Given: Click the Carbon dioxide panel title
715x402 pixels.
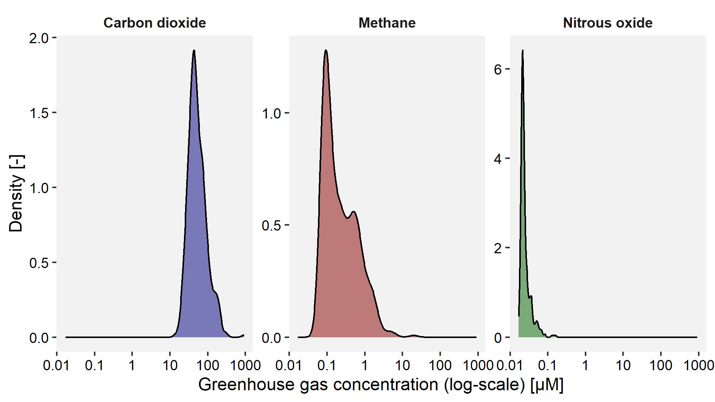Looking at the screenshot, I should pyautogui.click(x=154, y=23).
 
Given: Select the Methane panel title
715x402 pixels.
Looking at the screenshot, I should pyautogui.click(x=387, y=23).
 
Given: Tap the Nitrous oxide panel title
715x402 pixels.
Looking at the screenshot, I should pyautogui.click(x=608, y=23).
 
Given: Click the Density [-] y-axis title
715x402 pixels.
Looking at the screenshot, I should pyautogui.click(x=16, y=193).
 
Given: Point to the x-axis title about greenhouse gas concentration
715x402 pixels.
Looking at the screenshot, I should pyautogui.click(x=380, y=385).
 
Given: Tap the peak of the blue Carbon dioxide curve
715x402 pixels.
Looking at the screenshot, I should pyautogui.click(x=194, y=50).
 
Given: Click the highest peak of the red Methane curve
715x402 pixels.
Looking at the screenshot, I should pyautogui.click(x=326, y=50).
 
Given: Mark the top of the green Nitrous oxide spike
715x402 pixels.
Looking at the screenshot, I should pyautogui.click(x=523, y=50).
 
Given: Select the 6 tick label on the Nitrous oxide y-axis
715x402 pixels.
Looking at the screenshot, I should pyautogui.click(x=498, y=69).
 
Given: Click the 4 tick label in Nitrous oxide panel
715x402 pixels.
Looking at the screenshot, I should pyautogui.click(x=498, y=159).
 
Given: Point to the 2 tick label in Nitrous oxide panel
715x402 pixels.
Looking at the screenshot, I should pyautogui.click(x=498, y=248).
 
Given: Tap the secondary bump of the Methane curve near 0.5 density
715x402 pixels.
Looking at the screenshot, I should pyautogui.click(x=354, y=212).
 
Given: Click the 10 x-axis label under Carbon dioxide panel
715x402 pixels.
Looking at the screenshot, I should pyautogui.click(x=170, y=366).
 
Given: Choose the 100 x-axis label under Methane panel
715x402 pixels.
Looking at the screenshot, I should pyautogui.click(x=440, y=366).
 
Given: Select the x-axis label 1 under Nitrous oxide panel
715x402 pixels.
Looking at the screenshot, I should pyautogui.click(x=585, y=366).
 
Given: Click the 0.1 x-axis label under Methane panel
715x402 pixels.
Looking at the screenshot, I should pyautogui.click(x=327, y=366).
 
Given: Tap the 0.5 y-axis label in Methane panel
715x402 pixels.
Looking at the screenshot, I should pyautogui.click(x=271, y=225).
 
